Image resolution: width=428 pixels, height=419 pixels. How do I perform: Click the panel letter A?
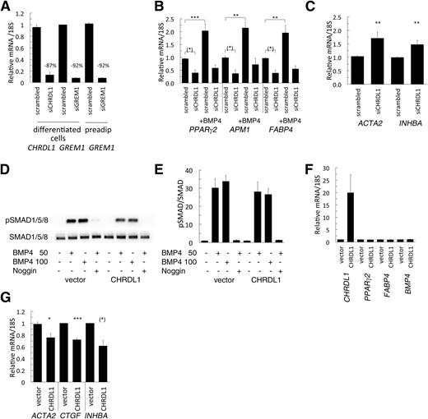(6, 7)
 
